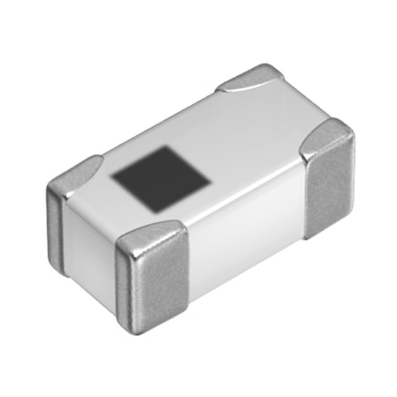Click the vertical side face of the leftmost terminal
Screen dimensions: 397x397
click(55, 223)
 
